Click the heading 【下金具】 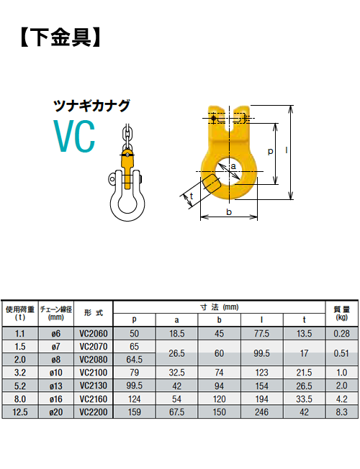coord(60,38)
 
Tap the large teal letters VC coord(75,137)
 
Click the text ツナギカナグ coord(91,106)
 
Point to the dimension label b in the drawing coord(229,212)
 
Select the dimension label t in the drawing coord(192,196)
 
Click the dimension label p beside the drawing coord(271,151)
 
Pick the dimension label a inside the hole coord(233,166)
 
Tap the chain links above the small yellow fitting coord(127,137)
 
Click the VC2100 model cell coord(94,373)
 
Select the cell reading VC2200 coord(94,412)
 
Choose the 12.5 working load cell coord(19,412)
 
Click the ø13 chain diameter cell coord(56,386)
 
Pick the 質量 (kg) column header coord(342,313)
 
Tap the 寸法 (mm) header coord(219,307)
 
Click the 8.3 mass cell coord(341,412)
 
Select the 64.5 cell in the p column coord(134,360)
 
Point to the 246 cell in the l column coord(261,412)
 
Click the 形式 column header coord(94,313)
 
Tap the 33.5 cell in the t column coord(304,399)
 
